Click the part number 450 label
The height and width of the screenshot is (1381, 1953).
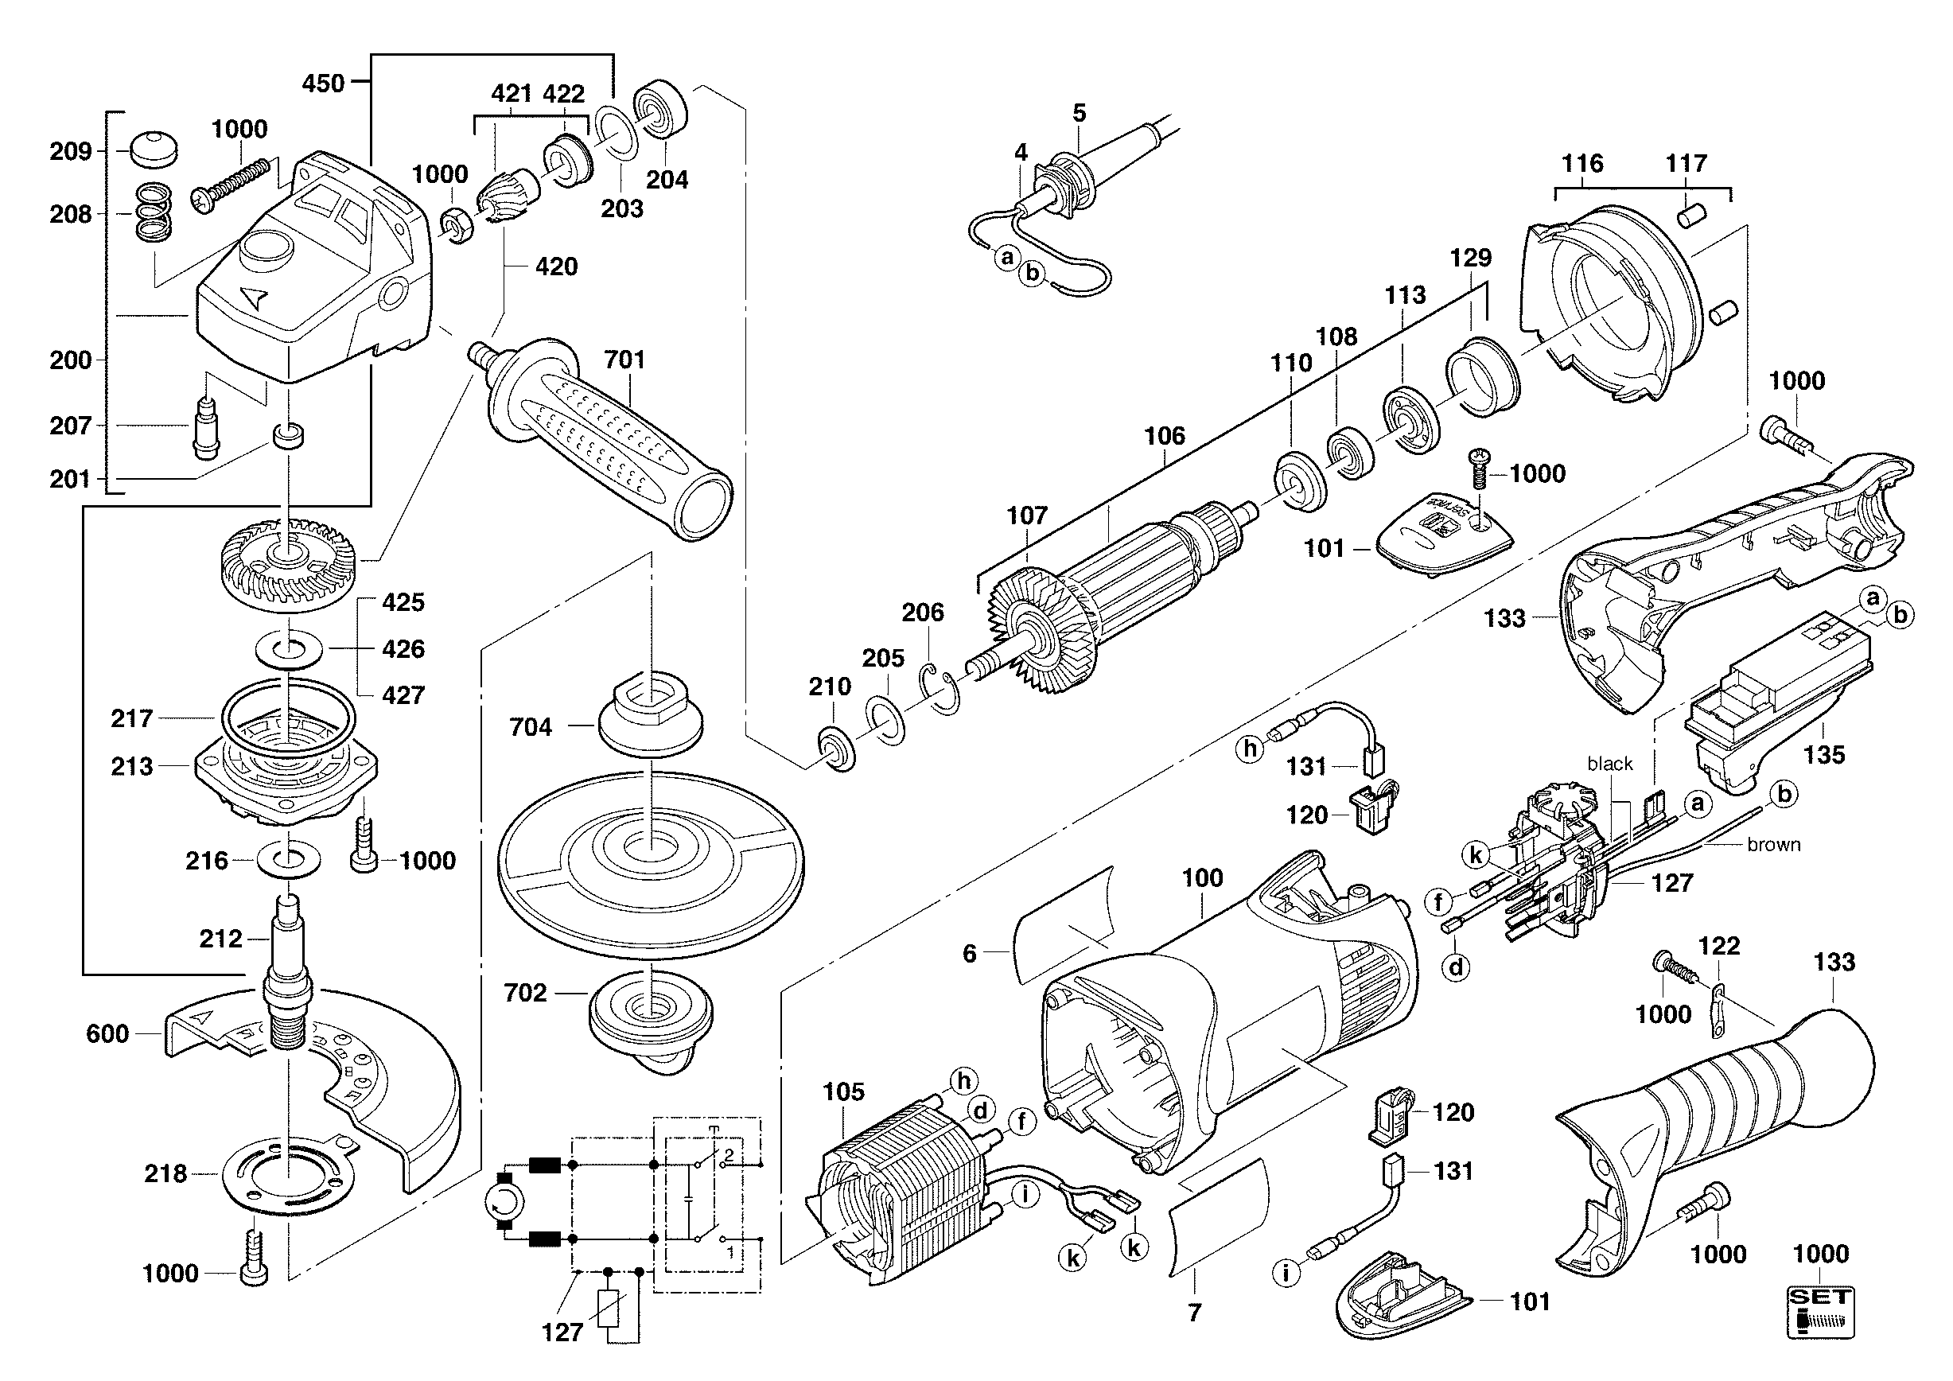pos(323,84)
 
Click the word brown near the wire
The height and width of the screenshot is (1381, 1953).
pos(1773,844)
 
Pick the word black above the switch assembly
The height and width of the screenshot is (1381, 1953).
pos(1609,764)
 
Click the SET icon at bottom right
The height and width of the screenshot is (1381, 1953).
pos(1820,1313)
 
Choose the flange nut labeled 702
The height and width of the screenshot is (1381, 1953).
pos(651,1012)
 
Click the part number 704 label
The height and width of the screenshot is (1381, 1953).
pos(531,727)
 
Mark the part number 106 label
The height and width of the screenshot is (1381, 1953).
pos(1164,436)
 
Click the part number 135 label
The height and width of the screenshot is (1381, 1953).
pos(1823,754)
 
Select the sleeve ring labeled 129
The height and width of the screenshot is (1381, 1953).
pos(1483,375)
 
